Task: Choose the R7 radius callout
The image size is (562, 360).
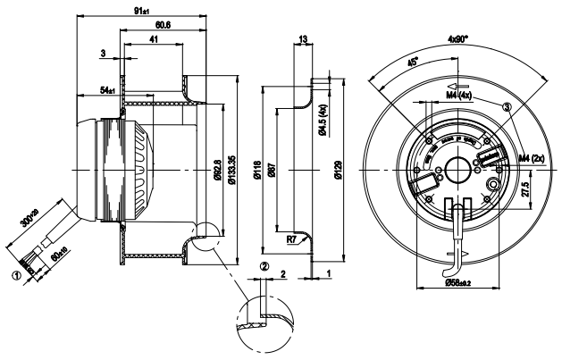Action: tap(290, 239)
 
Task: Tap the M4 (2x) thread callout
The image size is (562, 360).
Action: tap(534, 159)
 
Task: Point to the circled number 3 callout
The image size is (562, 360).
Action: tap(508, 106)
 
